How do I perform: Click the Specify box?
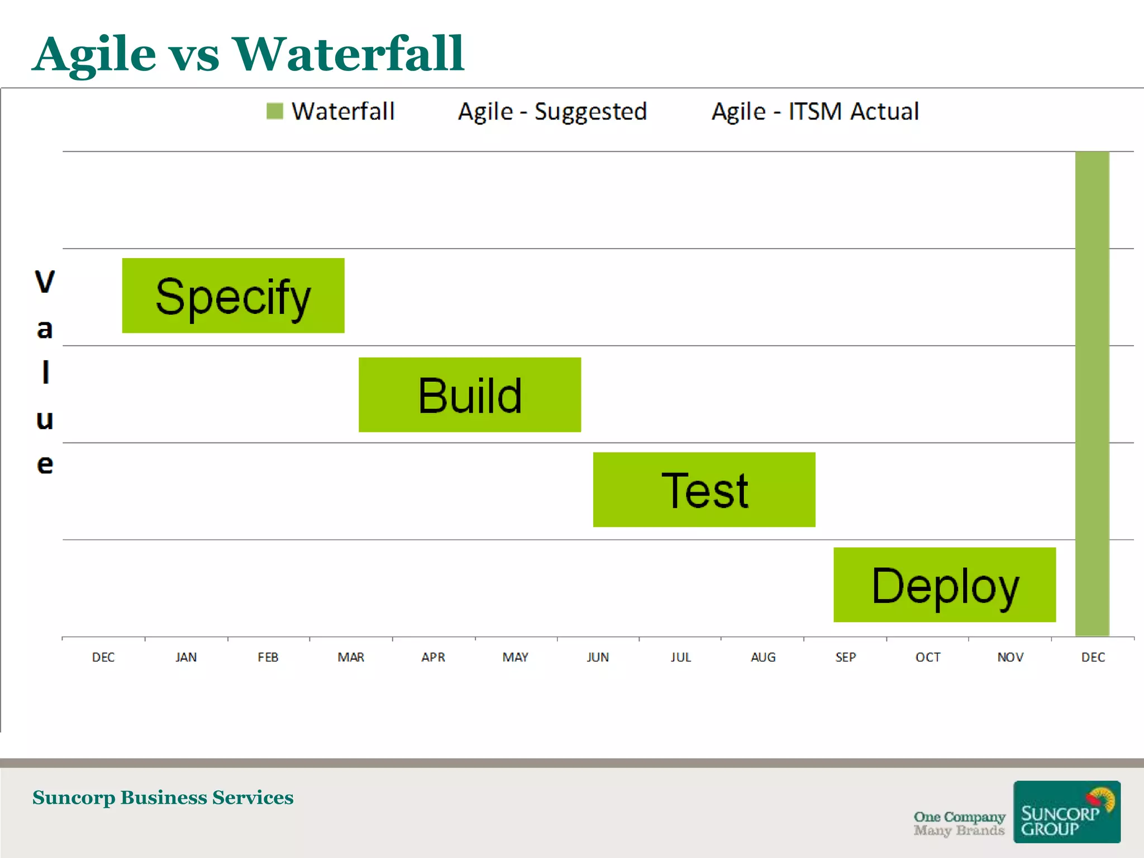tap(233, 295)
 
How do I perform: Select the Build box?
tap(469, 394)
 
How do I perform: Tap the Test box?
tap(704, 489)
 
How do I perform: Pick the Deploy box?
tap(944, 584)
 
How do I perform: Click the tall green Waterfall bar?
tap(1092, 391)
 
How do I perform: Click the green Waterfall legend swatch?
tap(275, 111)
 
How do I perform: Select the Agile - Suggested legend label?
tap(552, 111)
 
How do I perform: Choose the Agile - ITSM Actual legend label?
tap(815, 111)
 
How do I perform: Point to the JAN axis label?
tap(186, 657)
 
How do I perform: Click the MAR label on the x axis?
tap(351, 657)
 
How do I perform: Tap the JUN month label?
tap(598, 657)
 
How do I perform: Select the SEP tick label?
tap(845, 657)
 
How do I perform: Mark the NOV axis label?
tap(1010, 657)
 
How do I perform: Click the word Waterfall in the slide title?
tap(348, 54)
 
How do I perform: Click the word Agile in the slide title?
tap(94, 55)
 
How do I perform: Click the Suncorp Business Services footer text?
tap(163, 797)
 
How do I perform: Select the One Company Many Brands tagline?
tap(959, 823)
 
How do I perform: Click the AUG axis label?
tap(762, 657)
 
